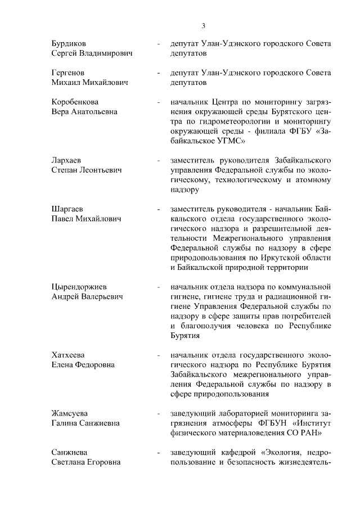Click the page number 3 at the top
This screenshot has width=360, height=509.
tap(204, 25)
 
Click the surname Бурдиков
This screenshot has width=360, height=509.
tap(69, 43)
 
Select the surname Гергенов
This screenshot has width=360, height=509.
tap(67, 73)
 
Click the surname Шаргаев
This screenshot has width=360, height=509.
tap(67, 209)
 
